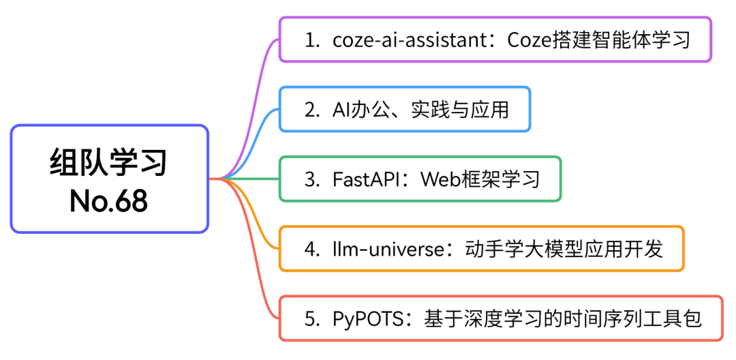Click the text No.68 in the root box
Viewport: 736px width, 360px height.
(109, 201)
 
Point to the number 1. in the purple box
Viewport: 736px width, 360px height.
(312, 40)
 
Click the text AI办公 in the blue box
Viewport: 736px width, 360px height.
(362, 110)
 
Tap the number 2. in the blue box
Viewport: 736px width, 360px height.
(312, 110)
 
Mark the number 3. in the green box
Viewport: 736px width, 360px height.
(312, 180)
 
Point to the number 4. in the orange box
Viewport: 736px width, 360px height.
(312, 250)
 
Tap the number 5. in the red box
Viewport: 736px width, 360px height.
(312, 320)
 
